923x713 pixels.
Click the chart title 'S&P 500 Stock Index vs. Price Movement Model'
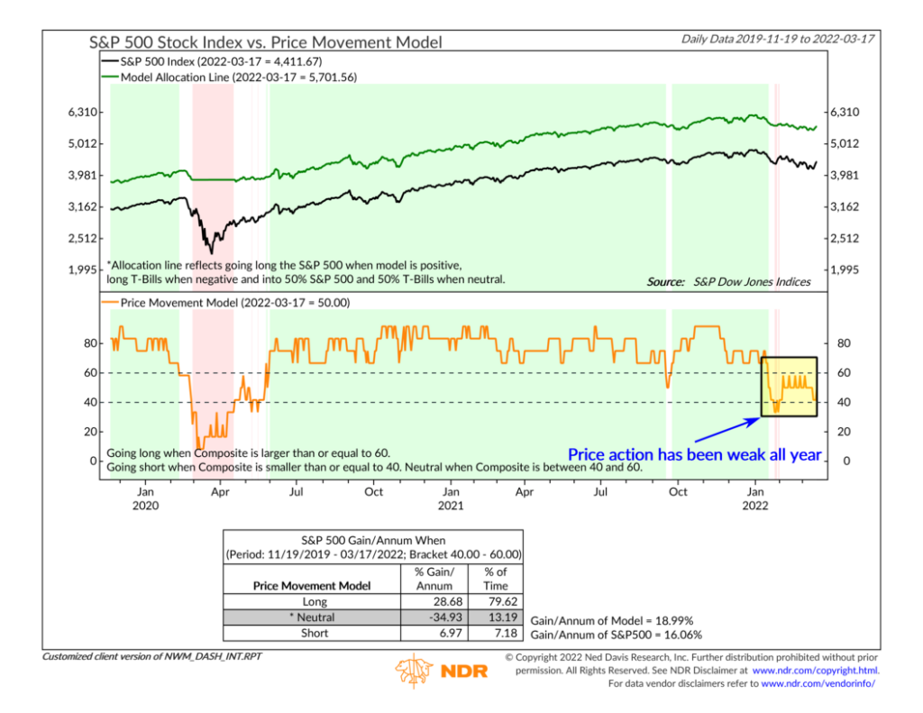click(266, 41)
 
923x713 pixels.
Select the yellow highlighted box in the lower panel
click(790, 386)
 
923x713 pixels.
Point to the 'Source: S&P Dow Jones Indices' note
click(728, 282)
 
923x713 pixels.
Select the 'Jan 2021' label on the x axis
click(451, 498)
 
